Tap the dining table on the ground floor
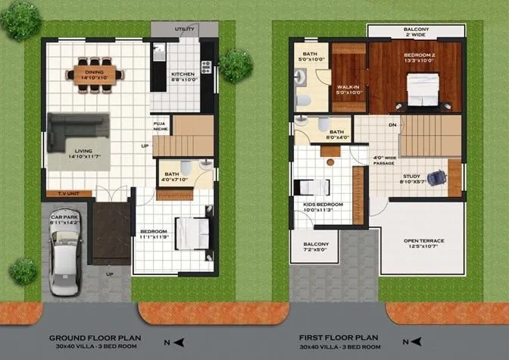tap(95, 74)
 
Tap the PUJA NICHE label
tap(160, 125)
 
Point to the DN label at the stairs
tap(392, 126)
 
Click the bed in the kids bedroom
tap(312, 186)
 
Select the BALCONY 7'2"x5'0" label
tap(311, 246)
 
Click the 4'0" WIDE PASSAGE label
tap(385, 161)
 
